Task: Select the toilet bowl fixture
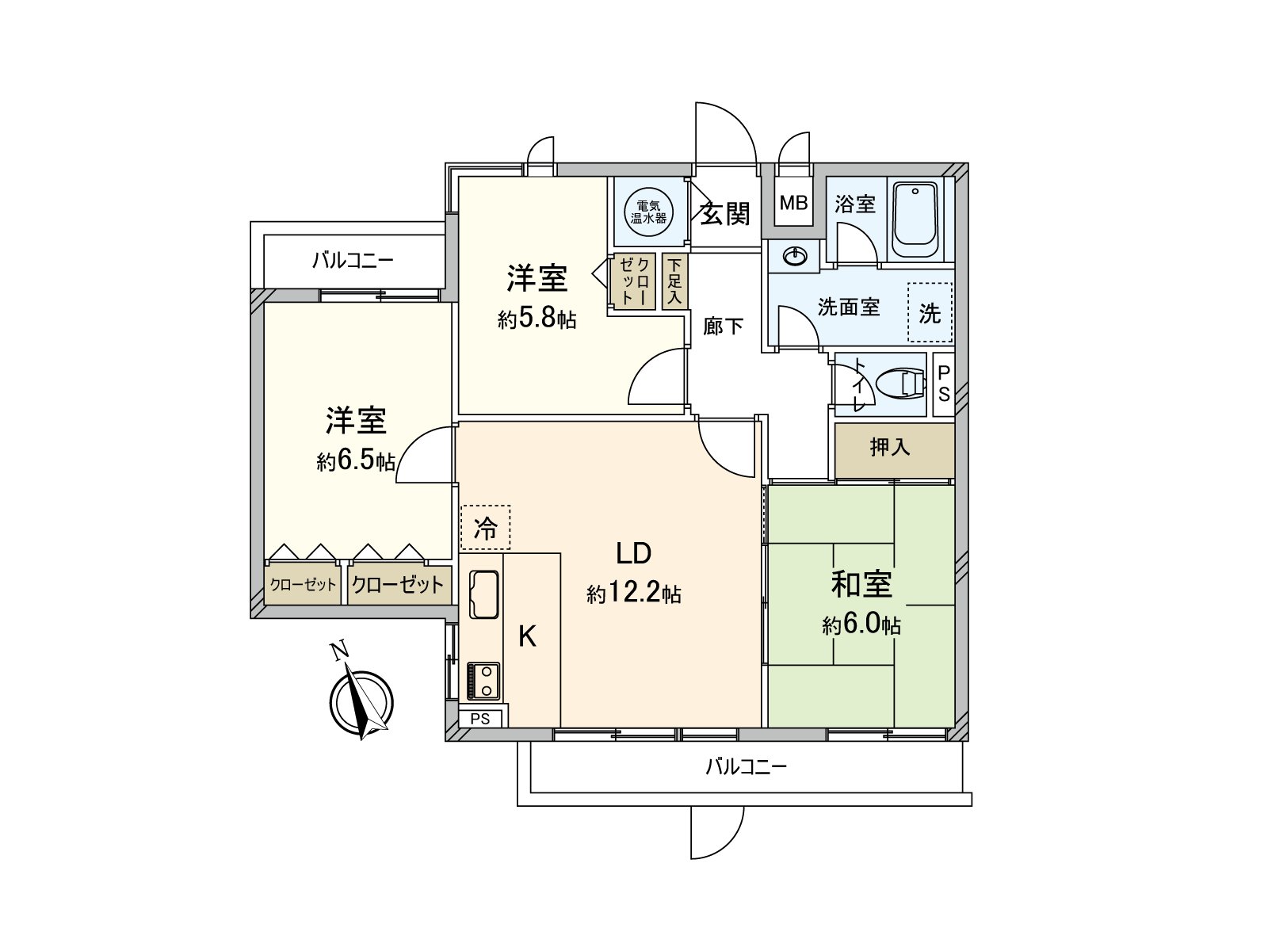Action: click(903, 384)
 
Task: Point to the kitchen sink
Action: click(483, 594)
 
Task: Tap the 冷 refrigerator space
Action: click(485, 528)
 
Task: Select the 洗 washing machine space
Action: click(930, 313)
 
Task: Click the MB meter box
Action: click(792, 203)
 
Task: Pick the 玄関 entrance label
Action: click(724, 213)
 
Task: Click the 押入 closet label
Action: click(890, 448)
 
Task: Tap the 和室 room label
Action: click(861, 585)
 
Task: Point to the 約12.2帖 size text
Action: click(634, 594)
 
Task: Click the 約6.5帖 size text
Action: click(356, 461)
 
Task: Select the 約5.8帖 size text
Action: click(537, 319)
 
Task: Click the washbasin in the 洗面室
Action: click(794, 256)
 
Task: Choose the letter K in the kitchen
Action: click(527, 636)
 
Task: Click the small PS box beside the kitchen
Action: click(480, 719)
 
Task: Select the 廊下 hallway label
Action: click(723, 326)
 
